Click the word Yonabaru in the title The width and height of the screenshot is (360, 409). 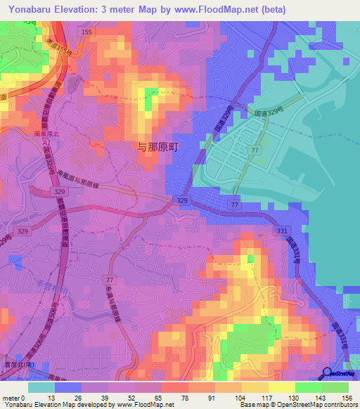(x=32, y=9)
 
